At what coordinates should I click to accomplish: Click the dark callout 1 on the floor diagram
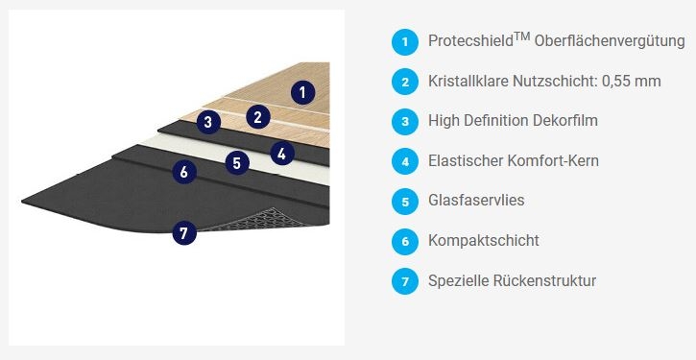[x=303, y=93]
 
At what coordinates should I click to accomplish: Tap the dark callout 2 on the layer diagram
[x=258, y=117]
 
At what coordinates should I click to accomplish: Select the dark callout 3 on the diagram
[x=208, y=122]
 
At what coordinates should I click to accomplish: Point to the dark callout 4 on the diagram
[x=282, y=154]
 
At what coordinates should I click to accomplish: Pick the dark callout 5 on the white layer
[x=237, y=163]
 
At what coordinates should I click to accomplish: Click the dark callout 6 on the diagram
[x=184, y=171]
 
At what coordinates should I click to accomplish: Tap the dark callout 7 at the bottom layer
[x=184, y=232]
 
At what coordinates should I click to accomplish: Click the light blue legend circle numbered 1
[x=405, y=42]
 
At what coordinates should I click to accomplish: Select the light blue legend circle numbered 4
[x=405, y=161]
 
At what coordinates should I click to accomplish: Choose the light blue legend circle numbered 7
[x=405, y=281]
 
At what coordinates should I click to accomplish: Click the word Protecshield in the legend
[x=471, y=41]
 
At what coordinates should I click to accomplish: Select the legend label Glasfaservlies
[x=476, y=201]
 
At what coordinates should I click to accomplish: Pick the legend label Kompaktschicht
[x=484, y=241]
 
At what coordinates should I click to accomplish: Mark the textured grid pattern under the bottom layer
[x=262, y=220]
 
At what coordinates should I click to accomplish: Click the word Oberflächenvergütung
[x=610, y=41]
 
